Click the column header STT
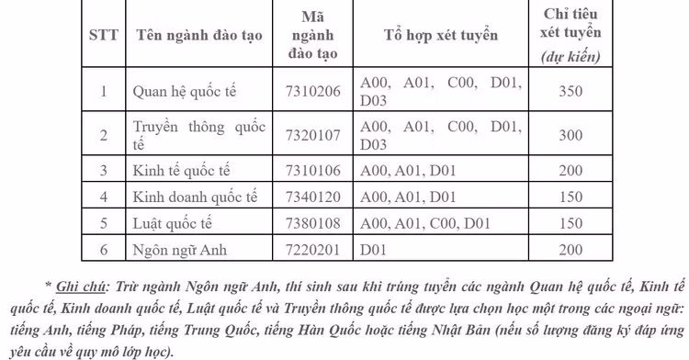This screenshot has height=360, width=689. pos(103,36)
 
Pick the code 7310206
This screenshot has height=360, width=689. pos(313,91)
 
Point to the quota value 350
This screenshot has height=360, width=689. pos(570,91)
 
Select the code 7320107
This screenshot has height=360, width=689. pos(313,135)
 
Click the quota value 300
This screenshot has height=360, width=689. pos(570,135)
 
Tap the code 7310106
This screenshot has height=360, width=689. pos(313,170)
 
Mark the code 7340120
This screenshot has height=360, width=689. pos(313,197)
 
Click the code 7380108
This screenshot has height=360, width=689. pos(313,223)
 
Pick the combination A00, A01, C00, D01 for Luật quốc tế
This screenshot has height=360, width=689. pos(426,223)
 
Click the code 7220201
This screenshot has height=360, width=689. pos(313,250)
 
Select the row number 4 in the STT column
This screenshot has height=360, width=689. pos(104,197)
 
